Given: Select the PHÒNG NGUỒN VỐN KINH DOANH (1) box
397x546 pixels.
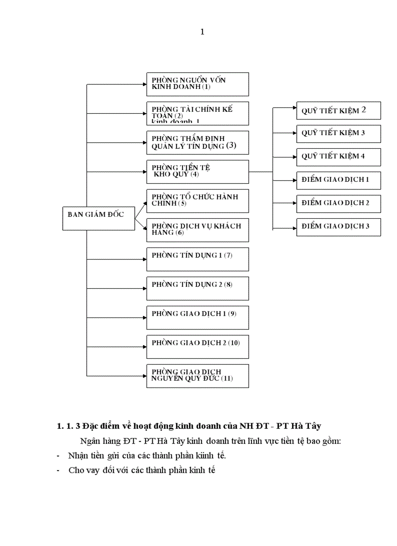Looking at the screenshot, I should tap(198, 84).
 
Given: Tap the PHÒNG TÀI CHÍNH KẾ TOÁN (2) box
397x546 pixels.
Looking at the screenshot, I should tap(198, 113).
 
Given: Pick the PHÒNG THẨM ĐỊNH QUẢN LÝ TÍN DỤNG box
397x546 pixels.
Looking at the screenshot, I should tap(198, 142).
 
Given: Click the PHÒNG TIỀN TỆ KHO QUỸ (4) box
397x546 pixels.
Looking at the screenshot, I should tap(198, 172).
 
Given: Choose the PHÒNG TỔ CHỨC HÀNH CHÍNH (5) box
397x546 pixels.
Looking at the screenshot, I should tap(198, 201).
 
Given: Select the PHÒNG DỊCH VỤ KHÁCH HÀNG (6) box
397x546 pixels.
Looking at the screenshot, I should tap(198, 230).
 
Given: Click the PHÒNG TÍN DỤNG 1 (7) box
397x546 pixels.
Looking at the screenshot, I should tap(198, 259).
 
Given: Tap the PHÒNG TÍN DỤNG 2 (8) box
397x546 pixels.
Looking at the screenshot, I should tap(198, 288).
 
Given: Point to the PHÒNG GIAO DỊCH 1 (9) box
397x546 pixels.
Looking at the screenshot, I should tap(198, 317).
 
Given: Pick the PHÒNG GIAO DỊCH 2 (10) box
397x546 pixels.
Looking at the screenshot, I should tap(198, 347).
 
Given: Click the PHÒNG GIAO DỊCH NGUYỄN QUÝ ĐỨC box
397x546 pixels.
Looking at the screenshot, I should tap(198, 376).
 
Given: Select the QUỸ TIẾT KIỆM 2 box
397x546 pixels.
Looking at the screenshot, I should tap(339, 110).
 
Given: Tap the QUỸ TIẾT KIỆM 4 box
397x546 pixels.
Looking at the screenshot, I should tap(339, 157).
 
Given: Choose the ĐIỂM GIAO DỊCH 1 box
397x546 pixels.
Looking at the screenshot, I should tap(339, 180).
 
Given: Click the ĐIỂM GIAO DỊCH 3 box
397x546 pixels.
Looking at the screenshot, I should tap(339, 227).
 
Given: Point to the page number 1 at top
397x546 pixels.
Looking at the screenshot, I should tap(202, 32).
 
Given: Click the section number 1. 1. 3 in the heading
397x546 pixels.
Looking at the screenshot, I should tap(69, 426).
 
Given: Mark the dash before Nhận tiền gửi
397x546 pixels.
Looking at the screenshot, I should tap(58, 456).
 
